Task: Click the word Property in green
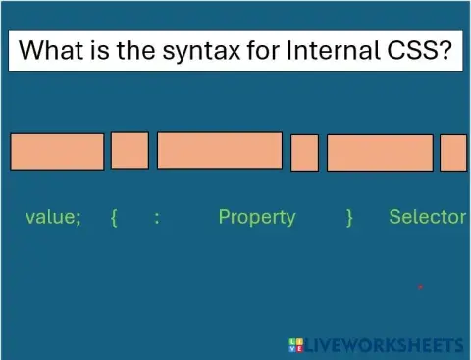point(256,217)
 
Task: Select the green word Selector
point(427,217)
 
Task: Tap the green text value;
point(53,217)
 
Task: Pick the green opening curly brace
point(115,218)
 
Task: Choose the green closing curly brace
point(349,218)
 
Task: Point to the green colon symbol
point(157,218)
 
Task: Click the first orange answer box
point(57,151)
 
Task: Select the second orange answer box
point(130,150)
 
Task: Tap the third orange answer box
point(219,150)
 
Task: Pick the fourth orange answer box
point(304,152)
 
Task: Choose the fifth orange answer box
point(379,152)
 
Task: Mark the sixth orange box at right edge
point(453,152)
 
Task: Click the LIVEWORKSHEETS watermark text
point(384,344)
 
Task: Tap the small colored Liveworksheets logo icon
point(296,344)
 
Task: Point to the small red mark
point(420,287)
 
